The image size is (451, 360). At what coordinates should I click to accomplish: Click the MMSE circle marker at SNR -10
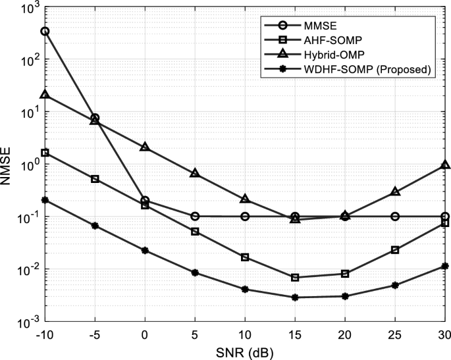tap(45, 31)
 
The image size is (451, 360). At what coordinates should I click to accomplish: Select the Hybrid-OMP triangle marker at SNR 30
tap(445, 165)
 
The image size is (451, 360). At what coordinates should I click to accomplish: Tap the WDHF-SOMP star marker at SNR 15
tap(295, 297)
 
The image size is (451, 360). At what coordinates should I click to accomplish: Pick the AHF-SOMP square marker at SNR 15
tap(295, 278)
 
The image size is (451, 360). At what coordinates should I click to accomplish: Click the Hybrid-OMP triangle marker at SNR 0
tap(145, 147)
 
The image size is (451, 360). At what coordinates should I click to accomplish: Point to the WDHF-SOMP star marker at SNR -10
tap(45, 200)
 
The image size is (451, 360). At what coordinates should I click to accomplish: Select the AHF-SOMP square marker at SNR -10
tap(45, 153)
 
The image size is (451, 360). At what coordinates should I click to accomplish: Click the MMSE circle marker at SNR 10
tap(245, 217)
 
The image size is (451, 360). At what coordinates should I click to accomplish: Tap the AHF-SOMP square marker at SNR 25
tap(395, 250)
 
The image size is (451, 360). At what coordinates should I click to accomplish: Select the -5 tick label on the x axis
tap(95, 334)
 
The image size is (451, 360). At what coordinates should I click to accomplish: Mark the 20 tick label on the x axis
tap(345, 334)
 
